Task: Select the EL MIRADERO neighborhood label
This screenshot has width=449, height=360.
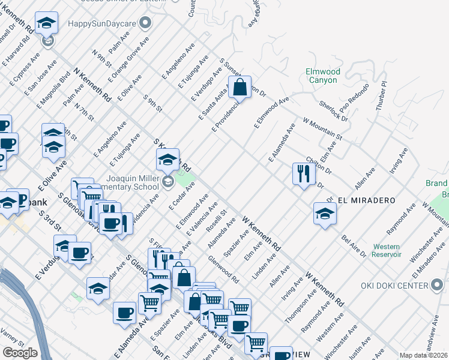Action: (x=358, y=199)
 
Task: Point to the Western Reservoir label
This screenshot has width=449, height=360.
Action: (x=387, y=250)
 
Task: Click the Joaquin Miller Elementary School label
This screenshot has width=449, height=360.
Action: (x=133, y=182)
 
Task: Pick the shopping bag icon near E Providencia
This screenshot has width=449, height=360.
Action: (x=240, y=87)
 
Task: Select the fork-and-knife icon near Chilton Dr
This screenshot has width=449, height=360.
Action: (x=303, y=173)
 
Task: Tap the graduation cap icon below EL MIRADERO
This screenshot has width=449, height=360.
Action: (x=325, y=214)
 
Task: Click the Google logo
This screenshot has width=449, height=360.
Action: (x=20, y=352)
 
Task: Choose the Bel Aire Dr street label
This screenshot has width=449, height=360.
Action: (x=353, y=247)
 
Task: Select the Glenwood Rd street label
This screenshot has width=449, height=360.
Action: (x=223, y=271)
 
